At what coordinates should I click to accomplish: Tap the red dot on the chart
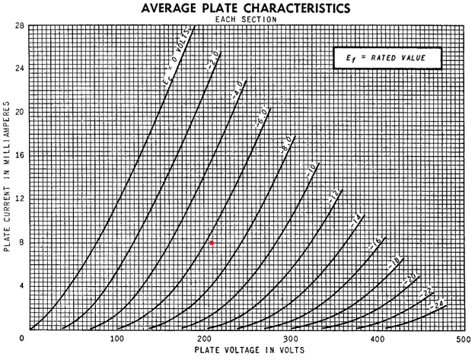coord(212,243)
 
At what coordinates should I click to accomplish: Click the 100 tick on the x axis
coord(116,338)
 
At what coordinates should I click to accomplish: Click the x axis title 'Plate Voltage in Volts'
coord(250,350)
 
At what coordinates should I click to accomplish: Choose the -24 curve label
coord(437,304)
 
